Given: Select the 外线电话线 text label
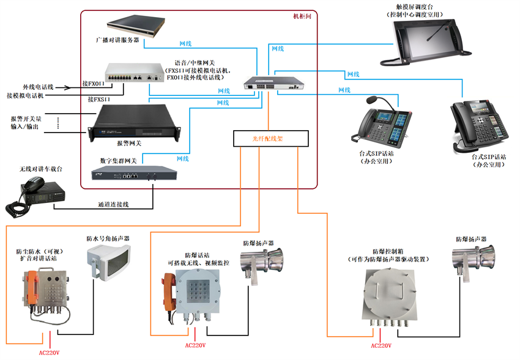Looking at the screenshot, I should [39, 86].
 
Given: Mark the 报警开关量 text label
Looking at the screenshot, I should [26, 118].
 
